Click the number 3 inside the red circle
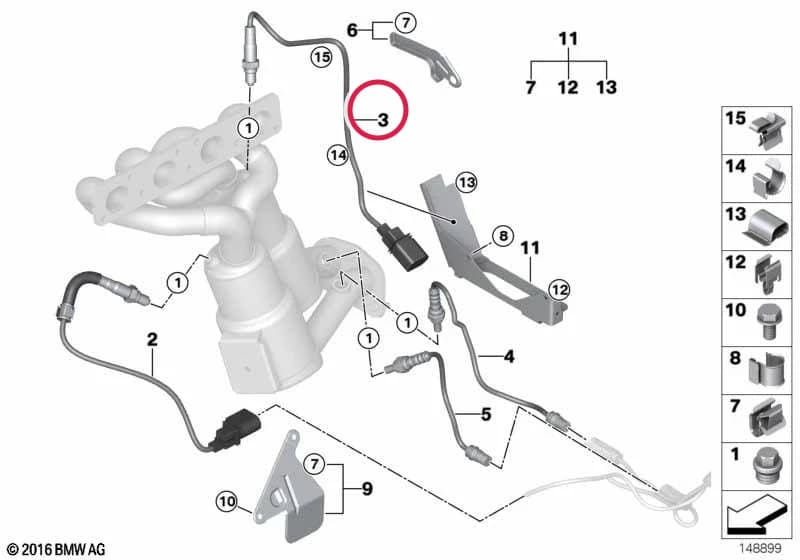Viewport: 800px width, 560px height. (x=383, y=120)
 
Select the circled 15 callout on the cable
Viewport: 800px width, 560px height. (x=321, y=56)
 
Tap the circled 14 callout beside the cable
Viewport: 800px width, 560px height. (x=338, y=155)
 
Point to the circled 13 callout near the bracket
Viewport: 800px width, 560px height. (x=466, y=182)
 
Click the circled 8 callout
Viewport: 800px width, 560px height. (x=503, y=236)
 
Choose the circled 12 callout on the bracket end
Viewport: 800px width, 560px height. (x=559, y=290)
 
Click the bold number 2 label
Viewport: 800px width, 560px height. (x=152, y=339)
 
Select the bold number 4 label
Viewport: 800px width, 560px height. (x=509, y=357)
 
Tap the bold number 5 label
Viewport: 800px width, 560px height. (x=486, y=414)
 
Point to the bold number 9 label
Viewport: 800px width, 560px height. (x=367, y=489)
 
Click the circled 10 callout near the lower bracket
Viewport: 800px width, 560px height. (x=227, y=501)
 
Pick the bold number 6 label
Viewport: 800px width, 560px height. (x=352, y=30)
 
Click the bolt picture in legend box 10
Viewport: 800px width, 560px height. (x=767, y=322)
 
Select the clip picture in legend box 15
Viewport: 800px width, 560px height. (x=769, y=131)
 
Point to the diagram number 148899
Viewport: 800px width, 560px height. (x=760, y=548)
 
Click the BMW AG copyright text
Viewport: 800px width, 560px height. (x=57, y=549)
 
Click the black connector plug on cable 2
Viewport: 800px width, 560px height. (x=237, y=429)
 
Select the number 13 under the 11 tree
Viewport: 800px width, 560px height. (x=606, y=87)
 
